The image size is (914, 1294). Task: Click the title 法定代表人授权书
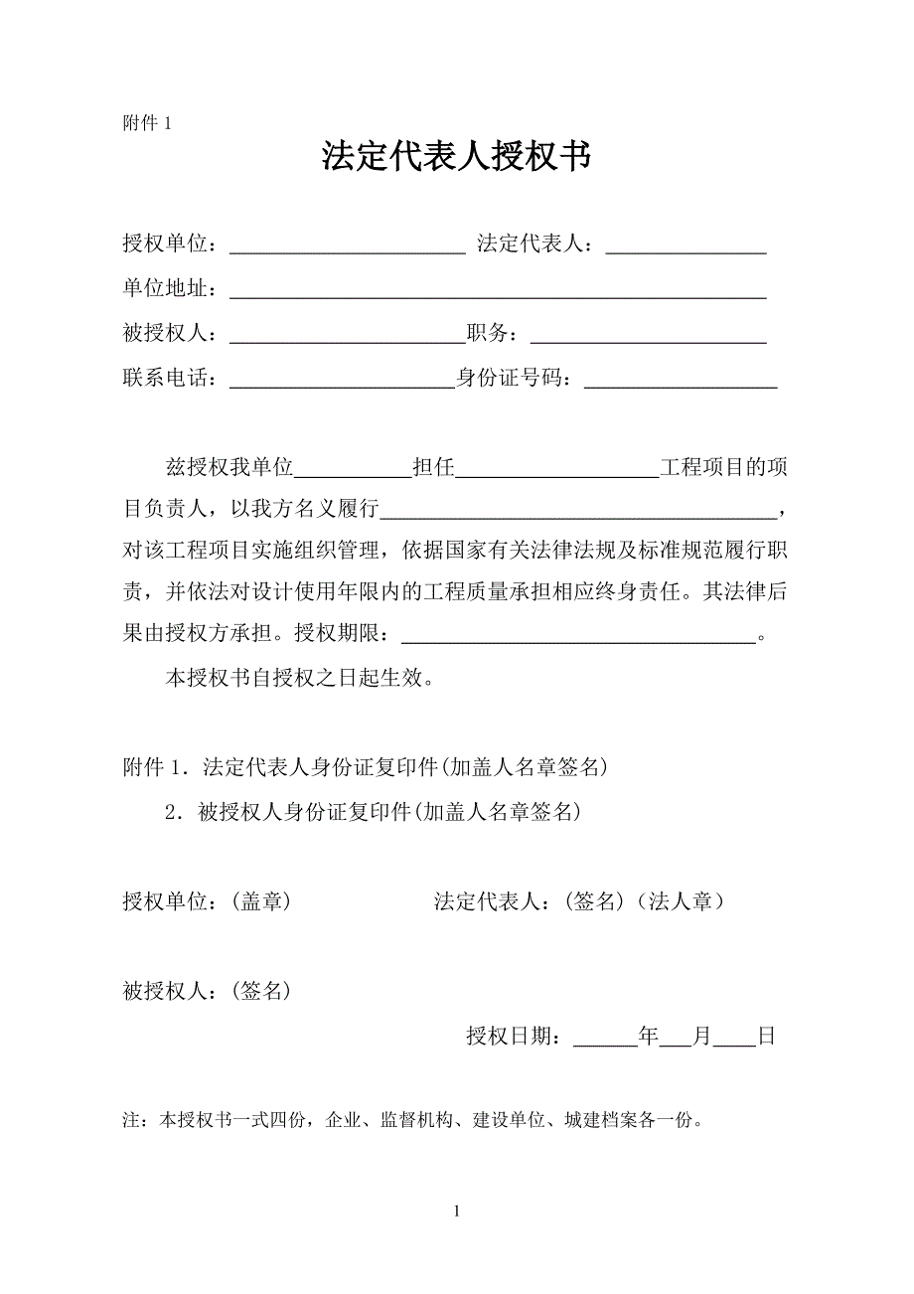pos(456,156)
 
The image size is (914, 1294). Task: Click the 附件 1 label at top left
pos(148,123)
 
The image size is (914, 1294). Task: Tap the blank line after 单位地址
pos(498,290)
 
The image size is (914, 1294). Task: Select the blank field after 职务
pos(650,336)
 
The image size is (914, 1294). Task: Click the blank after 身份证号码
pos(681,381)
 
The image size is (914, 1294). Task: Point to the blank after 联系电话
pos(342,381)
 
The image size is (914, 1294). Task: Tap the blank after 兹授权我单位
pos(353,470)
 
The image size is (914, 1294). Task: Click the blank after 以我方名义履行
pos(579,511)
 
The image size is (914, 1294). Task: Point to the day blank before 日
pos(734,1038)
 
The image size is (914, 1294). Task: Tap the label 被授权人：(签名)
pos(207,990)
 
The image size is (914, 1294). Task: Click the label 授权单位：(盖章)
pos(207,901)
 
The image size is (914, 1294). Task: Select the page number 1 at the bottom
pos(456,1211)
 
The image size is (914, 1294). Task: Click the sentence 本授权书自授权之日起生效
pos(298,680)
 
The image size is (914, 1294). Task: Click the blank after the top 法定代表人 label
pos(685,245)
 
